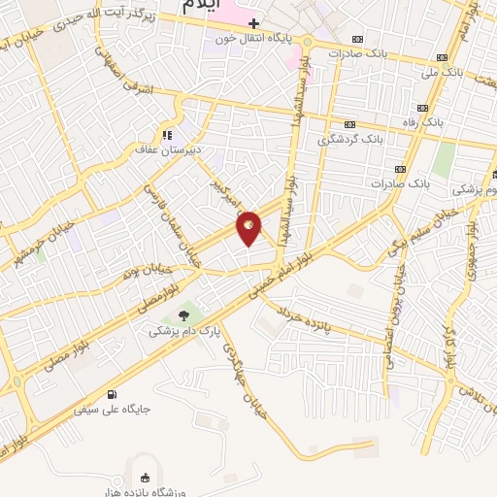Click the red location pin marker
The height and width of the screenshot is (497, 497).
click(248, 227)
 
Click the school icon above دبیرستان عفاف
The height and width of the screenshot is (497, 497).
click(167, 134)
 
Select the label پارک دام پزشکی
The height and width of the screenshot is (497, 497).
click(182, 331)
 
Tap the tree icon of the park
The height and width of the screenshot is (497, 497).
click(183, 314)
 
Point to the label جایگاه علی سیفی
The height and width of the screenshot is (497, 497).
click(113, 410)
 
